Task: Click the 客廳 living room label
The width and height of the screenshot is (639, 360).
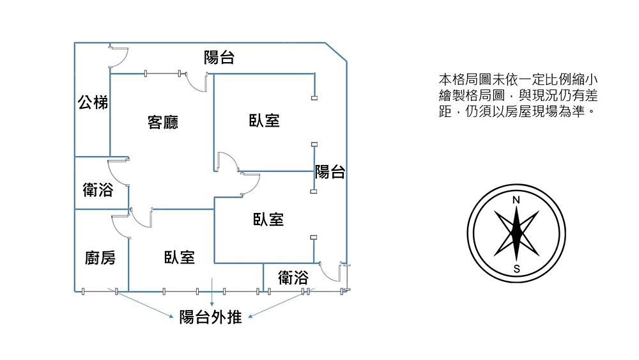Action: pyautogui.click(x=162, y=122)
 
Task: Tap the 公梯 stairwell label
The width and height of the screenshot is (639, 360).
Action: pyautogui.click(x=93, y=102)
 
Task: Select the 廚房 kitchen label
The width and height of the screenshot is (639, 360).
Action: pyautogui.click(x=100, y=258)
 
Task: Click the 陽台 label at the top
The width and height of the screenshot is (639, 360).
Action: pyautogui.click(x=219, y=58)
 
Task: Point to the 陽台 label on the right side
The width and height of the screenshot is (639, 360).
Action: pyautogui.click(x=330, y=171)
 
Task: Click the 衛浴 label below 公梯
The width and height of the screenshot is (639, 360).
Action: pyautogui.click(x=98, y=190)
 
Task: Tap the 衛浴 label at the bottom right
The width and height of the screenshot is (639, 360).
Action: pyautogui.click(x=293, y=278)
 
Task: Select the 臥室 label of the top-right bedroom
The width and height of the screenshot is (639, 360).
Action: pyautogui.click(x=264, y=120)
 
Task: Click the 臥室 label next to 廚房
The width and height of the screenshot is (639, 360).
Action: pyautogui.click(x=180, y=257)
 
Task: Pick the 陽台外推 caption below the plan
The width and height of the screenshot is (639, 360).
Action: pyautogui.click(x=211, y=317)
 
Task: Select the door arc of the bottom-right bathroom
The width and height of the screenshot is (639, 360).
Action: pyautogui.click(x=330, y=272)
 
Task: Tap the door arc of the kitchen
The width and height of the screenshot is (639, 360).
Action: pyautogui.click(x=121, y=226)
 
